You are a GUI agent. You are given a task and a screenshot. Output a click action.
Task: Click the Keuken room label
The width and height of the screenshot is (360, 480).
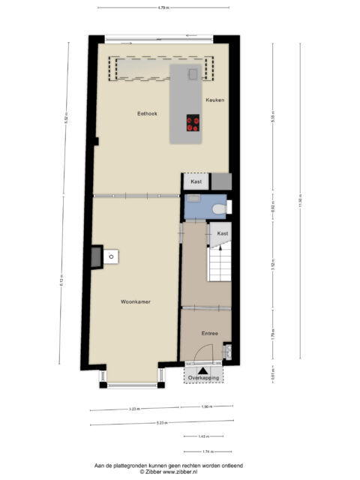pos(215,100)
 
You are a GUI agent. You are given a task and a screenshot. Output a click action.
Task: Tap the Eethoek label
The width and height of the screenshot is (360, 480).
pos(147,115)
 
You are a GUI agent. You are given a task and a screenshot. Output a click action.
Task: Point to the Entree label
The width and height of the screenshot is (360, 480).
pos(209,333)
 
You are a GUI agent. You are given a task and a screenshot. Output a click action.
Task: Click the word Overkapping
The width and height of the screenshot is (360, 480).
pos(204,378)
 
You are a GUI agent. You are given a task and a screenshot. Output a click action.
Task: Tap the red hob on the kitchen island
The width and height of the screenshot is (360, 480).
pos(193,123)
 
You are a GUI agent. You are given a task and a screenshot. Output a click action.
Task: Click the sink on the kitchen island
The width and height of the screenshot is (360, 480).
pos(193,74)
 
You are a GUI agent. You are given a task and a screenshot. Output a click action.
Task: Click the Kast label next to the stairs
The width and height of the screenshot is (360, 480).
pos(223,234)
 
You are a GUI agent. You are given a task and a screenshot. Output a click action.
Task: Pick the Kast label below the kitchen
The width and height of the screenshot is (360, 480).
pos(196,182)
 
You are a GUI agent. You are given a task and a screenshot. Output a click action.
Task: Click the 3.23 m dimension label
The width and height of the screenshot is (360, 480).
pos(136,409)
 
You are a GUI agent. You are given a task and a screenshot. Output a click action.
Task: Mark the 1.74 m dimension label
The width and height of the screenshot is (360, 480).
pos(206,451)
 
